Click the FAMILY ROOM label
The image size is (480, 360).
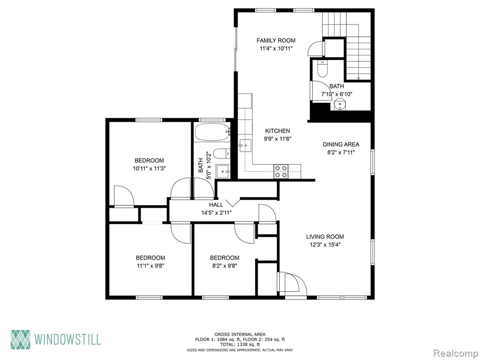[276, 40]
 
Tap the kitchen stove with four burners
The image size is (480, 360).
[281, 172]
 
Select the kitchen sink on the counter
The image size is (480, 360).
[245, 145]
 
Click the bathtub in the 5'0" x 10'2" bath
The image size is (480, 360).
[212, 132]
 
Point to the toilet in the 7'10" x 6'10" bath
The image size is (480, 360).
[322, 68]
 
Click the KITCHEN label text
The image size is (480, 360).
[277, 131]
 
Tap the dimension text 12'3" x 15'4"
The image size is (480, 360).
[325, 245]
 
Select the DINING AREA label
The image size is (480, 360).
[341, 144]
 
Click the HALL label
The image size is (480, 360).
[216, 205]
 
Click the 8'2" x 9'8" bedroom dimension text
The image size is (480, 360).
[225, 266]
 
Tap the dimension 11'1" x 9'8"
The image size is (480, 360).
[150, 266]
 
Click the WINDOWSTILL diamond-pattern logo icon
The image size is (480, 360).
[21, 339]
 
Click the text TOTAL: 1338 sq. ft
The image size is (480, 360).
[240, 345]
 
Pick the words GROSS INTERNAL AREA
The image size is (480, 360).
[240, 335]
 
